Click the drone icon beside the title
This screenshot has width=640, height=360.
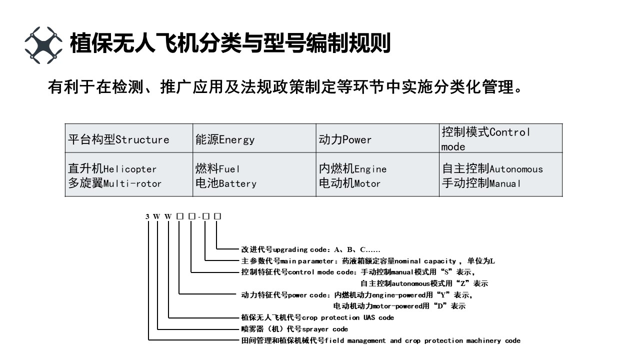click(43, 45)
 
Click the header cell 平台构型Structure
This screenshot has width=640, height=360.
click(118, 139)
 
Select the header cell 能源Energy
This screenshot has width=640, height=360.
click(224, 139)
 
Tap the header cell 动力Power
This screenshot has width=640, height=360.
click(345, 139)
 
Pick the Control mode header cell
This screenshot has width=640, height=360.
click(485, 139)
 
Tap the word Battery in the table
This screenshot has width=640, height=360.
click(237, 183)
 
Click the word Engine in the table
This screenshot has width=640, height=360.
click(370, 169)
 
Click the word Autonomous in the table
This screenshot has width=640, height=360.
click(516, 169)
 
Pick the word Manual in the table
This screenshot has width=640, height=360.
click(505, 183)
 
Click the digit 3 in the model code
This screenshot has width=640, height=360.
click(147, 216)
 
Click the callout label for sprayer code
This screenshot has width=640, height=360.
click(294, 329)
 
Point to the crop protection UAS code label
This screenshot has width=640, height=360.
click(317, 317)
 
